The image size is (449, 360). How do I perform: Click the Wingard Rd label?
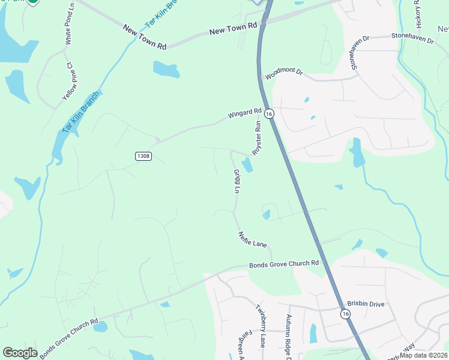(x=245, y=113)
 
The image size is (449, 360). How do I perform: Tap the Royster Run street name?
(x=258, y=139)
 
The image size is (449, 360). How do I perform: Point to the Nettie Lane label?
(x=252, y=240)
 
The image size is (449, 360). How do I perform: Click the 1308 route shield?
(x=143, y=156)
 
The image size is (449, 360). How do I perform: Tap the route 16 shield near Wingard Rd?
(x=269, y=113)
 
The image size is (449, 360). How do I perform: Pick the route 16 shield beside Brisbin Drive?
(x=345, y=314)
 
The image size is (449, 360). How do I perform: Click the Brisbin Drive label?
(x=366, y=304)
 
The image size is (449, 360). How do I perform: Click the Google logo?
(x=20, y=353)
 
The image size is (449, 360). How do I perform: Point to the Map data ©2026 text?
(x=424, y=355)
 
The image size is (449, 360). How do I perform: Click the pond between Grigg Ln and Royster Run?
(x=247, y=165)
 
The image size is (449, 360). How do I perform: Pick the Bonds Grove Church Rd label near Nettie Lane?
(x=285, y=265)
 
